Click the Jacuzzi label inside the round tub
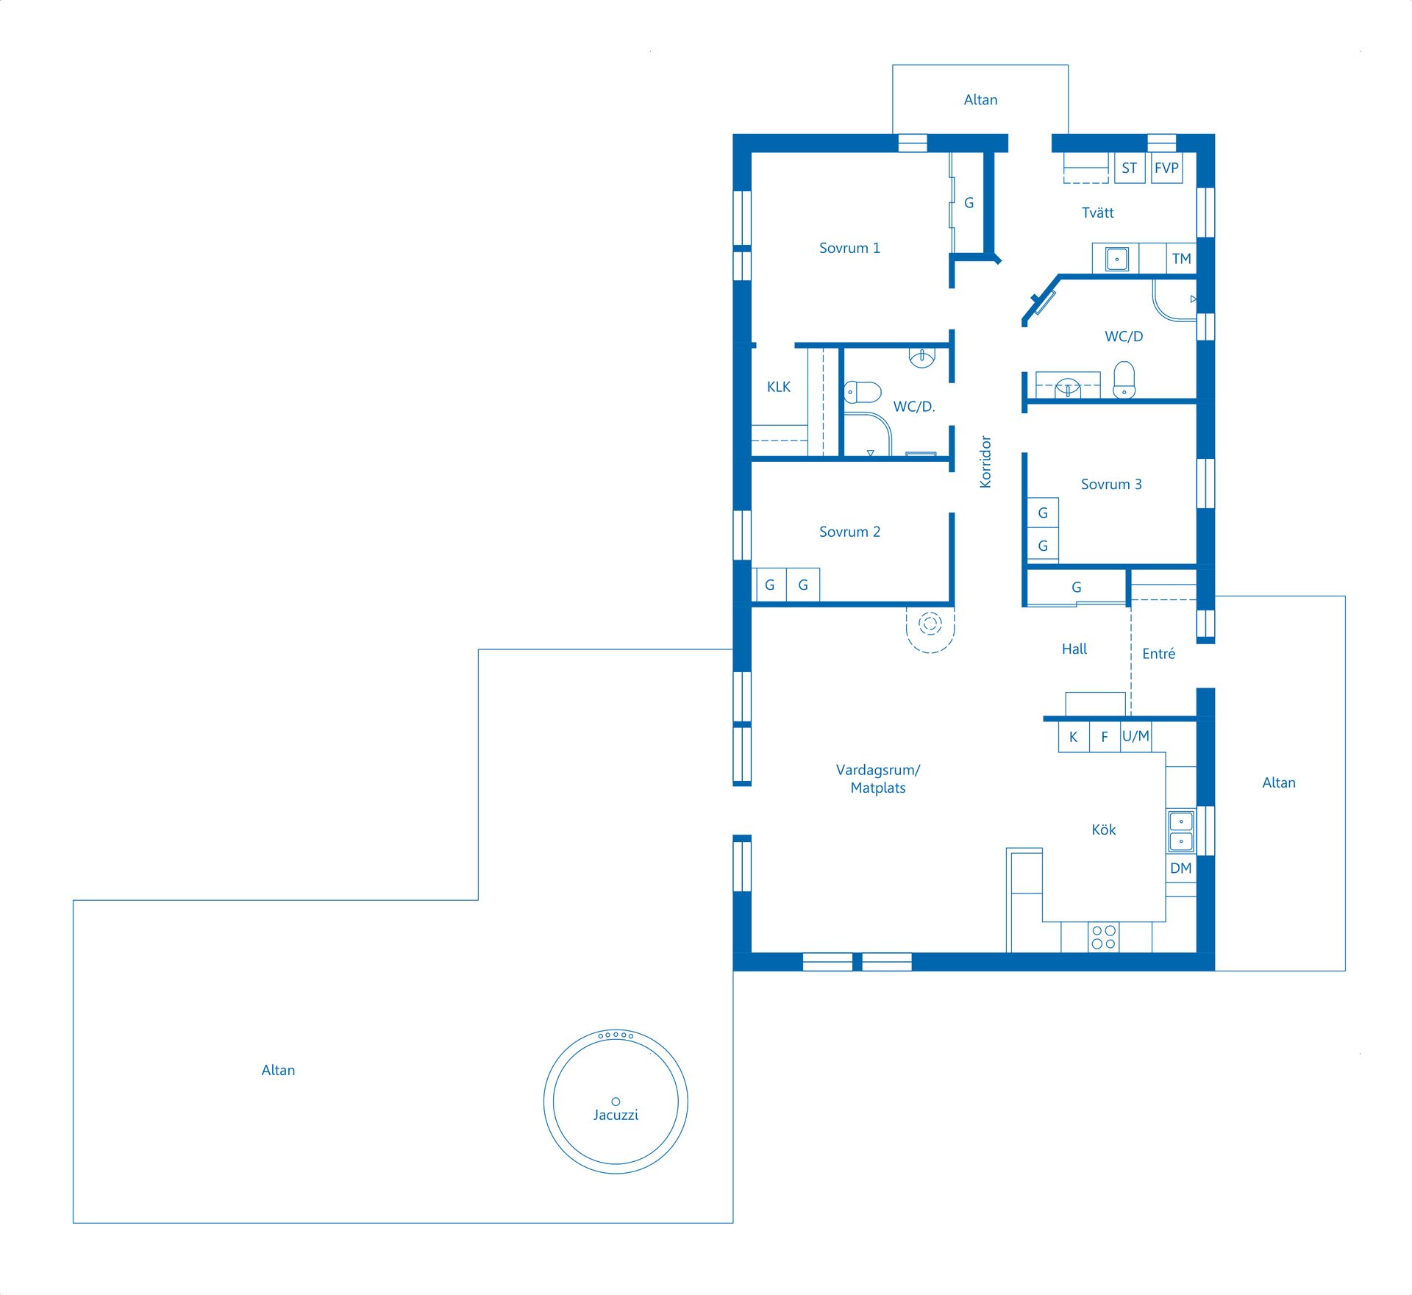pos(616,1115)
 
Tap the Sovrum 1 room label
pos(849,249)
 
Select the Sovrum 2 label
pos(849,532)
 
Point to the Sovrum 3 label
pos(1110,484)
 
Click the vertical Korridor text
pos(985,462)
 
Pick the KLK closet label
pos(778,387)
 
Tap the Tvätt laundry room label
pos(1097,213)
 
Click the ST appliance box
pos(1129,168)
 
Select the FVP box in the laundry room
pos(1166,168)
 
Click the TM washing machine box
pos(1181,259)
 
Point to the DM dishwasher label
pos(1180,868)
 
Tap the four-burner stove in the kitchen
pos(1103,937)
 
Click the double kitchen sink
pos(1181,831)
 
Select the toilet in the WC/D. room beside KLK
pos(863,392)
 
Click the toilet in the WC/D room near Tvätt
pos(1124,380)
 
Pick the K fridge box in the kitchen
pos(1073,737)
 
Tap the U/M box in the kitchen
pos(1135,736)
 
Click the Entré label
pos(1158,654)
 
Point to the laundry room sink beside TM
pos(1116,259)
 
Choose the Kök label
pos(1103,830)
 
